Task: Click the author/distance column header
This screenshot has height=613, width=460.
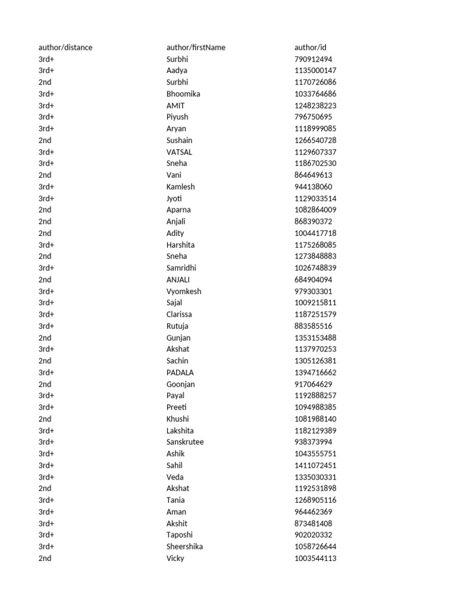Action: (65, 47)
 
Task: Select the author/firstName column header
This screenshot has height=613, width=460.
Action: (196, 47)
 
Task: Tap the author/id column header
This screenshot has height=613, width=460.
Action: (310, 47)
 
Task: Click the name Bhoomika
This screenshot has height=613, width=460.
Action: (183, 94)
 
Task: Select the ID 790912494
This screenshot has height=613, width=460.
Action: (313, 59)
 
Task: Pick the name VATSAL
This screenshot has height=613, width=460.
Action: (179, 152)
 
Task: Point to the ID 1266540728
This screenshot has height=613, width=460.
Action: (315, 140)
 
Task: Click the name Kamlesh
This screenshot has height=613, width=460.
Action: (180, 187)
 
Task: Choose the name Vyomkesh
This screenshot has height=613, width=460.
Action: (184, 292)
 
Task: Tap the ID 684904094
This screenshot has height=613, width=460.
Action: (313, 280)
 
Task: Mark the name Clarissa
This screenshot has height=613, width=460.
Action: (179, 314)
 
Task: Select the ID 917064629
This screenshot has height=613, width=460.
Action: (313, 384)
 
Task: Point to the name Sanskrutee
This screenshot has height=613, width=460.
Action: (185, 442)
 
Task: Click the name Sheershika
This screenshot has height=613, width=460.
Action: (184, 547)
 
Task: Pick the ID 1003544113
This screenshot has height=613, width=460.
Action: (315, 559)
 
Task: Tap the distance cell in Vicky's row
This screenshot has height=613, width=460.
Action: (45, 559)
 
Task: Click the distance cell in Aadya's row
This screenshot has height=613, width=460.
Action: (46, 71)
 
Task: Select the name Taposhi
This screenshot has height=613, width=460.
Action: (180, 535)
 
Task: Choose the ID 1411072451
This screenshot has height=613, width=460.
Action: (315, 465)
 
